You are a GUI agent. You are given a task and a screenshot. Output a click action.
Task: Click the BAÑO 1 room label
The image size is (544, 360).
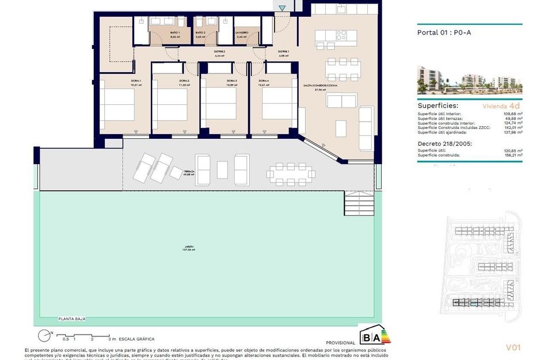point(174,33)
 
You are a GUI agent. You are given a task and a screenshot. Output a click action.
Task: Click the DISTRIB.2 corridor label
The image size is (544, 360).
point(219,52)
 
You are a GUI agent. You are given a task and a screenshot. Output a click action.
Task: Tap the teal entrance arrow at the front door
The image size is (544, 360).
point(281,8)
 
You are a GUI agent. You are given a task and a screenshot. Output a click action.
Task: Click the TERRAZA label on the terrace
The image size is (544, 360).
point(189,172)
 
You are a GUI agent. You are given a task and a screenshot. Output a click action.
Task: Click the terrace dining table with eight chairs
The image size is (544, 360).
point(291,172)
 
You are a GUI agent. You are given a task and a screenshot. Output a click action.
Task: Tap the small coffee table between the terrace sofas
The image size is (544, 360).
point(222,169)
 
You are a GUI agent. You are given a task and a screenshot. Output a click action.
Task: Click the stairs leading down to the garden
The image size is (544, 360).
point(359,203)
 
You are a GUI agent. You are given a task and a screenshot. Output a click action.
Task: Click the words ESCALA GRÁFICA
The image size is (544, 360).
point(136,339)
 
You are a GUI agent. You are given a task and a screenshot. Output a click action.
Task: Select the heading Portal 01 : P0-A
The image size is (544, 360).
point(444,32)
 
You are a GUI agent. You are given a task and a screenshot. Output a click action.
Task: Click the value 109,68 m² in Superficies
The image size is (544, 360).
point(511,113)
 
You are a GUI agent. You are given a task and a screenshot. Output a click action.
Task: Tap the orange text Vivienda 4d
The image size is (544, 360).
point(501,106)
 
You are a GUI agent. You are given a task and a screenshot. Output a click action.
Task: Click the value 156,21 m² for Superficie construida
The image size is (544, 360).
point(511,155)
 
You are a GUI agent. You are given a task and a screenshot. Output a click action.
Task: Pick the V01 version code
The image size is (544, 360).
point(513,347)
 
